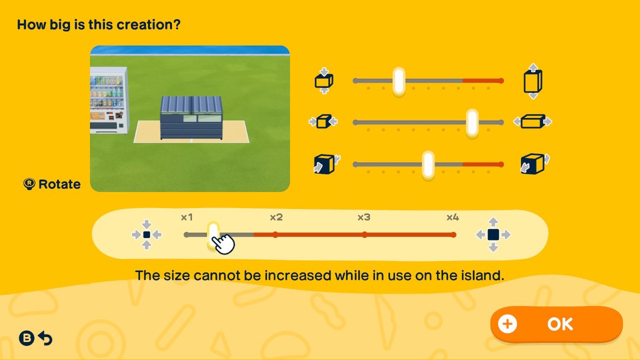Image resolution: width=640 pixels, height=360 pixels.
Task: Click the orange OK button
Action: click(556, 324)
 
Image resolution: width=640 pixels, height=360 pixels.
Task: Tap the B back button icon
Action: click(27, 338)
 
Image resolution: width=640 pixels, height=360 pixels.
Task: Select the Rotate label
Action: click(59, 185)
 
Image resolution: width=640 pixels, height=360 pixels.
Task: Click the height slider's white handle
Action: click(398, 81)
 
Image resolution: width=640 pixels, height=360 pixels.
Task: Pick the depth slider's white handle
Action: click(428, 165)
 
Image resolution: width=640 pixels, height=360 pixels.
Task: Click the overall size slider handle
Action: click(213, 235)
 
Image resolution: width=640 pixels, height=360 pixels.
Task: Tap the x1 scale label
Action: click(187, 218)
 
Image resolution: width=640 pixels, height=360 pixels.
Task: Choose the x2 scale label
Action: click(276, 218)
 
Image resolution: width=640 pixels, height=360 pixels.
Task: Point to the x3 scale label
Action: click(364, 218)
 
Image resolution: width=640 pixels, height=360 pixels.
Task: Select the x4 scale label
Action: click(453, 218)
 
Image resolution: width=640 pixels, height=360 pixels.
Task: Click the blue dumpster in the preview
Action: click(191, 117)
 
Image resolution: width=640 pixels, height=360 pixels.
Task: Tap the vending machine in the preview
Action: click(109, 101)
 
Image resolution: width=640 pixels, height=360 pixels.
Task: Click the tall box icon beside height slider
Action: click(533, 81)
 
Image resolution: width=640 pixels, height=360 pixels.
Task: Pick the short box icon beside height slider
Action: click(324, 81)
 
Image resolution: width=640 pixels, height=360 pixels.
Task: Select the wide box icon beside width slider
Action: click(533, 122)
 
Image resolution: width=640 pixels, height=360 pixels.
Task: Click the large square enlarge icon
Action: click(493, 235)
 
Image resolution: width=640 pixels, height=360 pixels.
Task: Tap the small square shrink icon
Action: click(147, 235)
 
